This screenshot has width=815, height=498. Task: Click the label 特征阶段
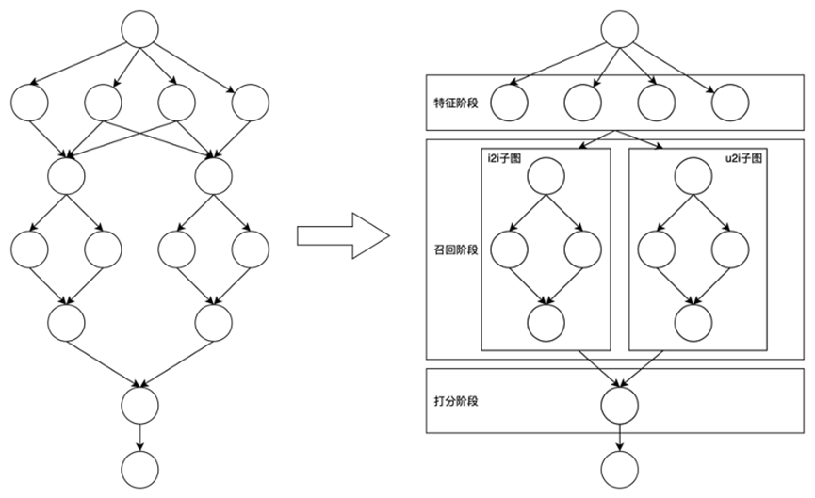pos(456,102)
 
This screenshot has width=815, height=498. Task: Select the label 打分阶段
pos(456,401)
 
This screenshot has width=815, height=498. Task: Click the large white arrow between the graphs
pos(343,234)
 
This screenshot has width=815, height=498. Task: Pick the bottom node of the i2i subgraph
pos(546,323)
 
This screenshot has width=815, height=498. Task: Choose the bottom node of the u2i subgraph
pos(693,323)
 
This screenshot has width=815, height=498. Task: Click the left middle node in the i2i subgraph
pos(509,249)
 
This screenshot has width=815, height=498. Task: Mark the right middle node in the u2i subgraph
pos(729,249)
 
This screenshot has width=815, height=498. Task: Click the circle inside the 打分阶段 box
pos(619,405)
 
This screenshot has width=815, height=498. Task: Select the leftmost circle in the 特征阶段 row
pos(509,102)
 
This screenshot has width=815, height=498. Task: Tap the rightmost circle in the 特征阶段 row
pos(729,102)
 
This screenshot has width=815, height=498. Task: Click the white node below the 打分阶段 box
pos(619,468)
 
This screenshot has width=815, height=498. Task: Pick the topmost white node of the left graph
pos(140,30)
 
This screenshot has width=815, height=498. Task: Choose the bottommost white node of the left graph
pos(140,468)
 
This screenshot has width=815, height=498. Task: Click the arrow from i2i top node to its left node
pos(528,213)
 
